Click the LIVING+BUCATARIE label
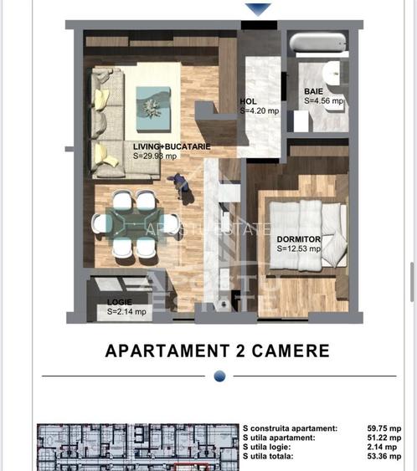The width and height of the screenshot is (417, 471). (x=172, y=146)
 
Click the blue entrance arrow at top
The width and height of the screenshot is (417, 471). (x=257, y=9)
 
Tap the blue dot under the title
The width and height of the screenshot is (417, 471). (x=219, y=376)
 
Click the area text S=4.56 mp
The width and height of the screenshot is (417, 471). (x=324, y=100)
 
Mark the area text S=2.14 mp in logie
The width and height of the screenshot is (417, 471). (x=126, y=311)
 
